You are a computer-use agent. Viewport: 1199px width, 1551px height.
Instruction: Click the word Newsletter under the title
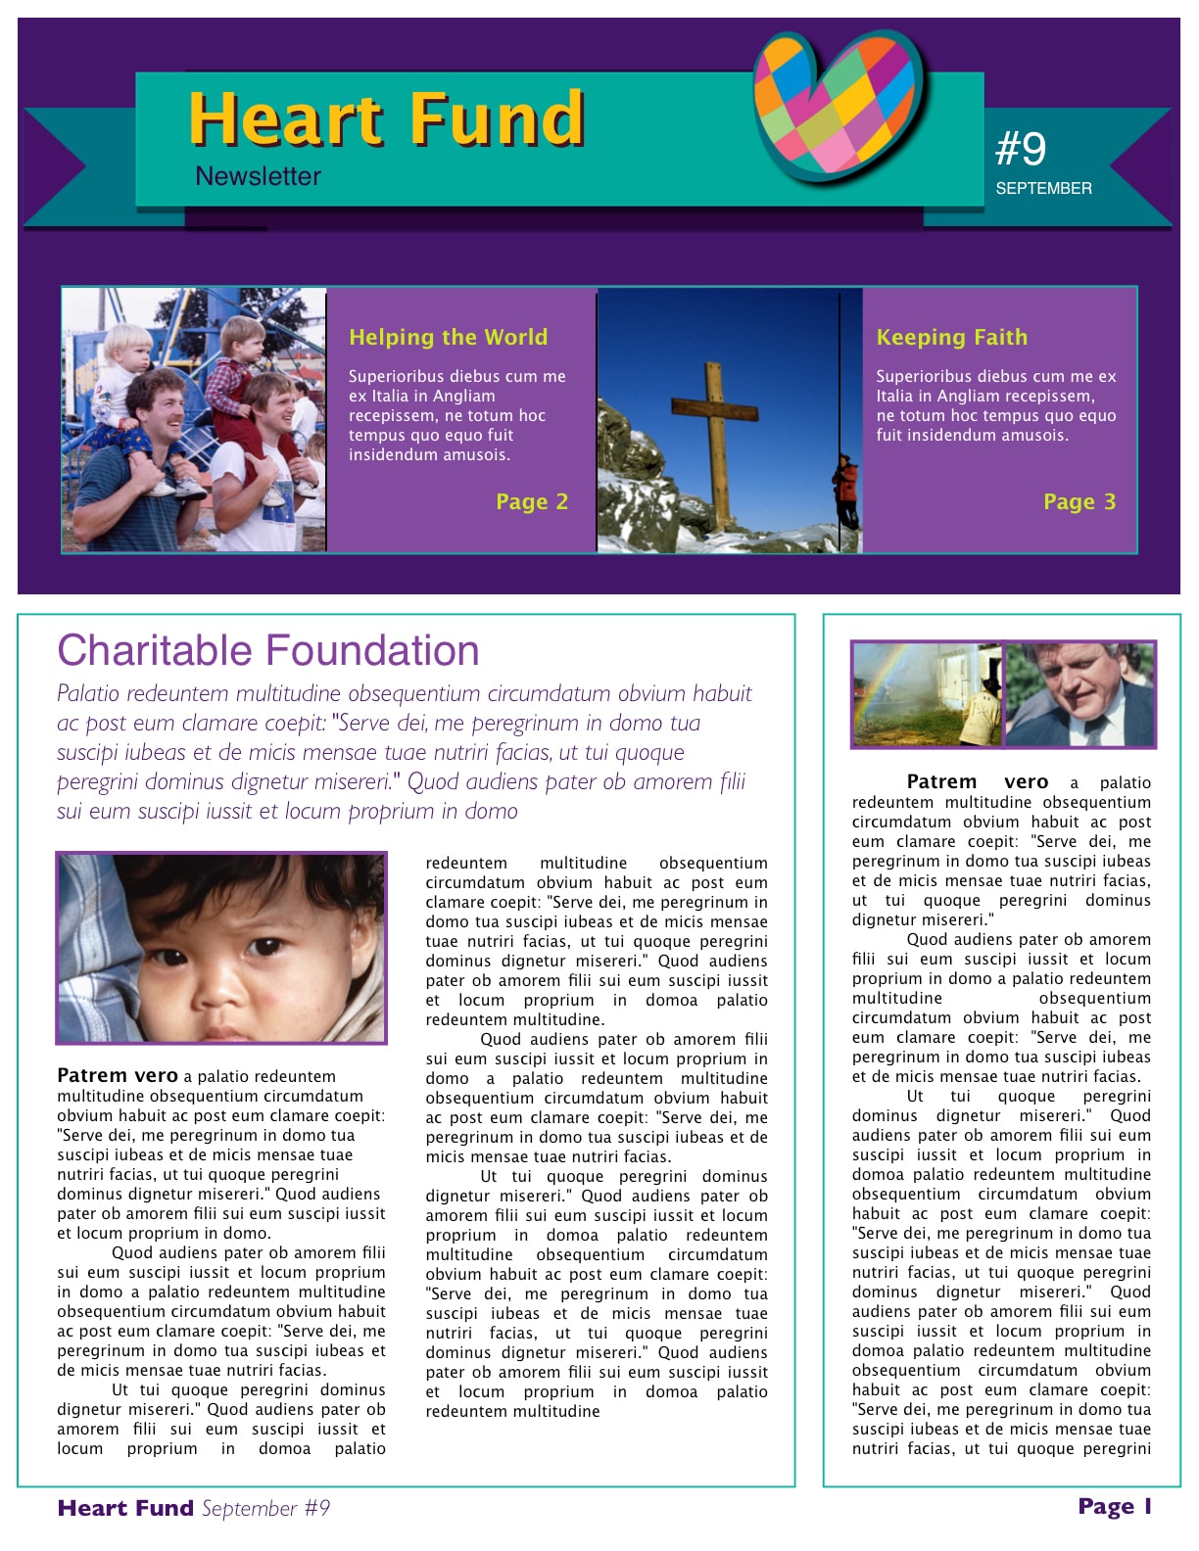point(258,176)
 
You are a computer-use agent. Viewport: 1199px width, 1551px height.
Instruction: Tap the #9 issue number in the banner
point(1021,149)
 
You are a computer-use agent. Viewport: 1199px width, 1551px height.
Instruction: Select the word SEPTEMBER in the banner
point(1043,188)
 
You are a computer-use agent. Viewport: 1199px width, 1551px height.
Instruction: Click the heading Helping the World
point(448,337)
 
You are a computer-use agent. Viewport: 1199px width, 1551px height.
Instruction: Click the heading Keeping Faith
point(951,337)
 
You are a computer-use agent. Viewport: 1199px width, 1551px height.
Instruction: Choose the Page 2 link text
point(531,501)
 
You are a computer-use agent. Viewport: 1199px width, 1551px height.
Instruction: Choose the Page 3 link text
point(1079,501)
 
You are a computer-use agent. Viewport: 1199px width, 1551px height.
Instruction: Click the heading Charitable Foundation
point(268,650)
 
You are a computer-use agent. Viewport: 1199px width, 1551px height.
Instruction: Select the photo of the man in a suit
point(1079,694)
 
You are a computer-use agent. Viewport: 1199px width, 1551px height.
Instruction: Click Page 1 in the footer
point(1114,1506)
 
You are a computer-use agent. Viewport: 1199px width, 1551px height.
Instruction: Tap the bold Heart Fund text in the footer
point(125,1508)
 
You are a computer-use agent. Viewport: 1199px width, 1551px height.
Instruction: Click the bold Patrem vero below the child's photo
point(118,1076)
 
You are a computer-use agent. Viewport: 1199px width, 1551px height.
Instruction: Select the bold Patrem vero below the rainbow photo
point(977,781)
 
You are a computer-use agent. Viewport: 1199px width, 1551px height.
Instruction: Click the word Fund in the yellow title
point(497,119)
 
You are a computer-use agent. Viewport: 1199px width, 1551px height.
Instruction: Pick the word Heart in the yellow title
point(285,119)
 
